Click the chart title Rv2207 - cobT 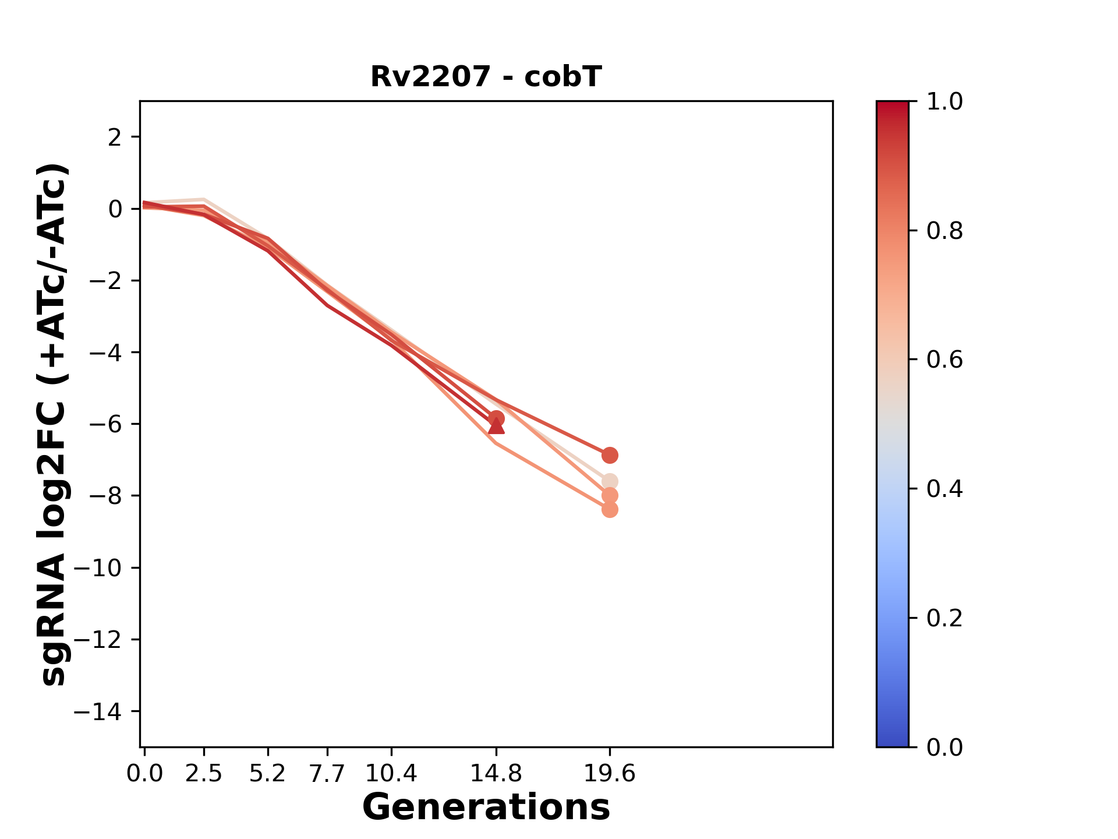click(486, 77)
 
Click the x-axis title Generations click(486, 808)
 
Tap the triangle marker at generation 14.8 click(496, 428)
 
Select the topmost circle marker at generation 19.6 click(610, 455)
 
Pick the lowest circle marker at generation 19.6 click(610, 510)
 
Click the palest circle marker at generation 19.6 click(610, 482)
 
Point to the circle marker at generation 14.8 click(496, 418)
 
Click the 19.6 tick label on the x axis click(610, 774)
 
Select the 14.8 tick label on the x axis click(496, 774)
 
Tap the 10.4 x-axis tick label click(391, 774)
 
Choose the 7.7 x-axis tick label click(328, 774)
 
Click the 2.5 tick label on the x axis click(204, 774)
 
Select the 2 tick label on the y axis click(115, 138)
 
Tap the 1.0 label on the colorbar click(944, 102)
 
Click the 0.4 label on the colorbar click(944, 489)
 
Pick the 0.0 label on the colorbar click(944, 747)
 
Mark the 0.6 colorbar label click(944, 360)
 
